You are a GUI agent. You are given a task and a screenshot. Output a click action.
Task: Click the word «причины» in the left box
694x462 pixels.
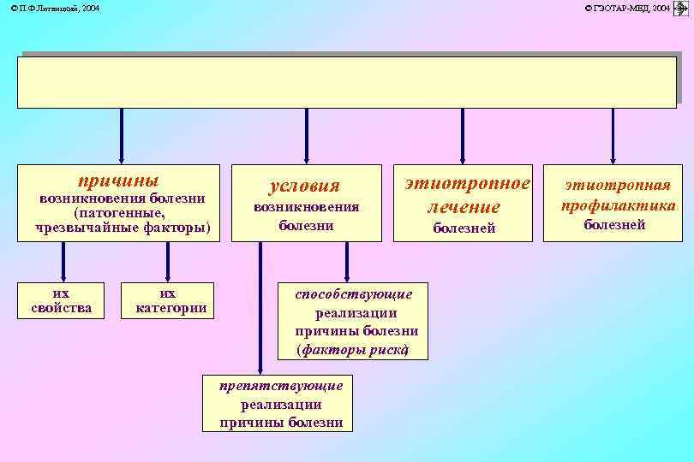pyautogui.click(x=118, y=181)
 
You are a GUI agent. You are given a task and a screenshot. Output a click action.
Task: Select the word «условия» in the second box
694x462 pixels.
pyautogui.click(x=304, y=186)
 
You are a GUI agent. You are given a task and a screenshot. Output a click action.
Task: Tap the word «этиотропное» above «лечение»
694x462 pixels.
pyautogui.click(x=468, y=183)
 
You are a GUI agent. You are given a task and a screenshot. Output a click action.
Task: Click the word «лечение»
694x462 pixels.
pyautogui.click(x=464, y=207)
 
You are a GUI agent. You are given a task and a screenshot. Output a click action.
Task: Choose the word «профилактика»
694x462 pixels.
pyautogui.click(x=618, y=205)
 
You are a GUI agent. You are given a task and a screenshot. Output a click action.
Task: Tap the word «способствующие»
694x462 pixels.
pyautogui.click(x=354, y=294)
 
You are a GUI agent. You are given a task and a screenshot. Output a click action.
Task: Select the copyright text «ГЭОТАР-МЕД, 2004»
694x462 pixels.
pyautogui.click(x=626, y=8)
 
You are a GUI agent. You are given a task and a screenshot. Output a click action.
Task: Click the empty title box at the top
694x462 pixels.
pyautogui.click(x=346, y=82)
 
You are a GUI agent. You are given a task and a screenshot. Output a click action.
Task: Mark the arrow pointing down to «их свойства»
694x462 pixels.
pyautogui.click(x=63, y=261)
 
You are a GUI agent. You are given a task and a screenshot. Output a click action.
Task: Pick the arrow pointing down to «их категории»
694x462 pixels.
pyautogui.click(x=168, y=261)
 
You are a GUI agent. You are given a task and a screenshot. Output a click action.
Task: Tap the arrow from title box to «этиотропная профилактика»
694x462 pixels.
pyautogui.click(x=613, y=135)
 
